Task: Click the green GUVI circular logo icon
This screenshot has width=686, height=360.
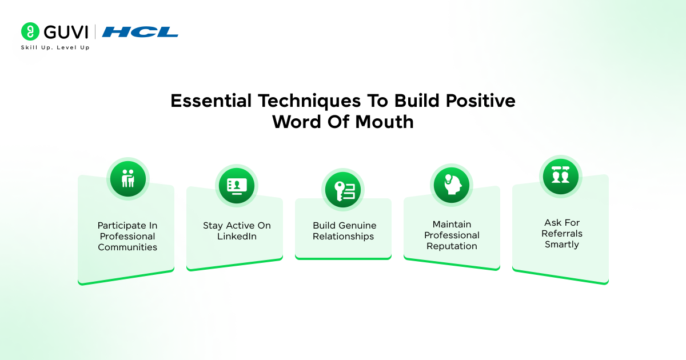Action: [30, 31]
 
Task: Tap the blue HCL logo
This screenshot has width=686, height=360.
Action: [140, 32]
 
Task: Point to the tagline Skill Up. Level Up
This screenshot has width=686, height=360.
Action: [55, 47]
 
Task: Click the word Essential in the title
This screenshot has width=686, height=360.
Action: [211, 101]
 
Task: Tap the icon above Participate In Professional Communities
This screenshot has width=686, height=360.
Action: [128, 178]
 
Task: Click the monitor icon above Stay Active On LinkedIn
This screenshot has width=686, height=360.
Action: [237, 186]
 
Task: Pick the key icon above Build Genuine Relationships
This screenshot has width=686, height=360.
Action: [343, 189]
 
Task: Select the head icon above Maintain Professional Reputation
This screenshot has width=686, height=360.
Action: [451, 184]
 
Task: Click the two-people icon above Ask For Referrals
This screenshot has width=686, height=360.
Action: [560, 175]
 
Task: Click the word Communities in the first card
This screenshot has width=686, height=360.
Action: [127, 247]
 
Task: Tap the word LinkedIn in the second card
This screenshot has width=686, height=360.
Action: [237, 237]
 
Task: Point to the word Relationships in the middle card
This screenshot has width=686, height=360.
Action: [343, 237]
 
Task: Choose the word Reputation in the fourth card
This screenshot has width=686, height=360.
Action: [451, 246]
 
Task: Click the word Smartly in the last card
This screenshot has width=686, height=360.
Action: [561, 245]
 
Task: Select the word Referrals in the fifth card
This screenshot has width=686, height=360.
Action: [561, 234]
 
